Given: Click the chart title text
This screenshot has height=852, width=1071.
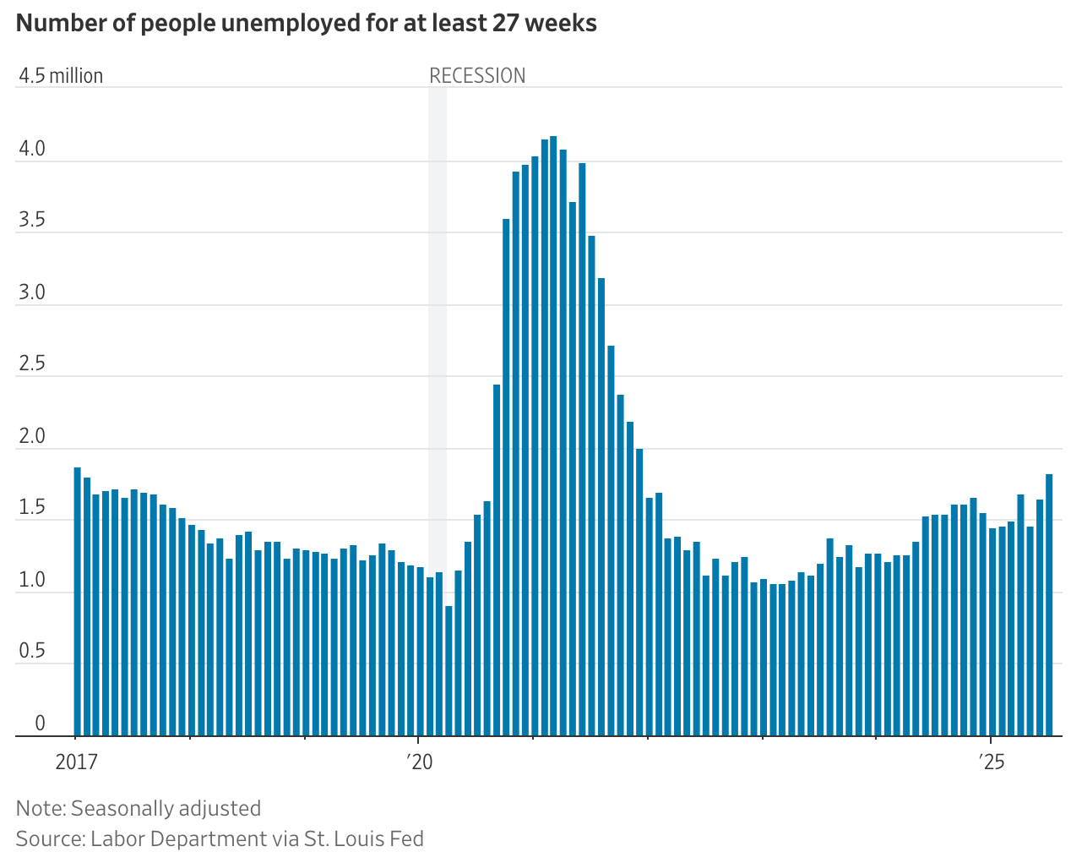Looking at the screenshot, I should click(x=306, y=23).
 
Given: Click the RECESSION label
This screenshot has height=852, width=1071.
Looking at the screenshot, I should click(x=477, y=76).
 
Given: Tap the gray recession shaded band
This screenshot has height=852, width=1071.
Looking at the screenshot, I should click(x=438, y=338).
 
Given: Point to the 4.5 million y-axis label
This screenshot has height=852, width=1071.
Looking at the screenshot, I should click(x=61, y=76).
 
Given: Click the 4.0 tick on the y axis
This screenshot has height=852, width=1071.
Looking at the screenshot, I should click(x=32, y=150).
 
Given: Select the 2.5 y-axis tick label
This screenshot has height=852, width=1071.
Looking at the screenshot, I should click(x=32, y=364).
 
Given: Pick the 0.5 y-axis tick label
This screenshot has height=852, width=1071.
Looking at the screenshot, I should click(x=32, y=652).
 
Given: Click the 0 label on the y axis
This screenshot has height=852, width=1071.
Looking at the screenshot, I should click(x=40, y=724).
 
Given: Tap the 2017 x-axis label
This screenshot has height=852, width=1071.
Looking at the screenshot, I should click(x=76, y=762).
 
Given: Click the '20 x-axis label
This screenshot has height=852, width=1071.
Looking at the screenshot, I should click(x=419, y=762).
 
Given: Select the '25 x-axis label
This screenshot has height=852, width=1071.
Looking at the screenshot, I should click(x=992, y=762).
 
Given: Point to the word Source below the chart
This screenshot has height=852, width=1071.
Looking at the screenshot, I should click(x=48, y=838).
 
